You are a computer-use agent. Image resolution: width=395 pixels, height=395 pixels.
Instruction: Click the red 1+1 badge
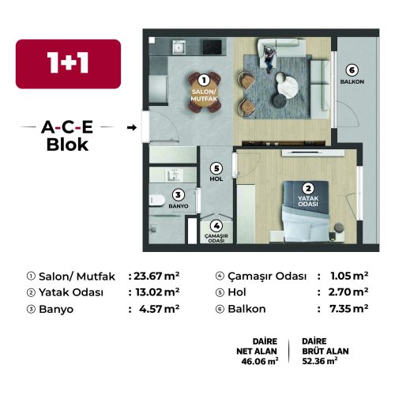coord(68,64)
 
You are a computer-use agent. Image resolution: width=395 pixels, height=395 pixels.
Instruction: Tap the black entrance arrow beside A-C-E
coord(132,128)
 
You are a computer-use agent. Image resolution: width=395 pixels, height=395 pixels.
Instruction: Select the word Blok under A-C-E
coord(67,145)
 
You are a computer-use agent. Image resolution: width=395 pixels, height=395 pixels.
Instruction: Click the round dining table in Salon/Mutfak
coord(205,92)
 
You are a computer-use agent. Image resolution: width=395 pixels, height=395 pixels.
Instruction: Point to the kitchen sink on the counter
coord(179,47)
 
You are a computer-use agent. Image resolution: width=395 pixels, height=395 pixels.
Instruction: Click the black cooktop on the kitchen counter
coord(212,47)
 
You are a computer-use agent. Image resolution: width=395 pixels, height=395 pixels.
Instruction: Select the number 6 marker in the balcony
coord(352,70)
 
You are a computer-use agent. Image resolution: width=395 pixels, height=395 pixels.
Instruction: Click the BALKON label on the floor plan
coord(352,81)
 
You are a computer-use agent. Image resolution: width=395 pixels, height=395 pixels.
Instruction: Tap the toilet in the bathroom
coord(156,200)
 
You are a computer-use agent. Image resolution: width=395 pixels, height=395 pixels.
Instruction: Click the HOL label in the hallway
coord(216,179)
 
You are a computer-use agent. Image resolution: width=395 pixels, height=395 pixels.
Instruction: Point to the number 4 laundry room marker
coord(216,226)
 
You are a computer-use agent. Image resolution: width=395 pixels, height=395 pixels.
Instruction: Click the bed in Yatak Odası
coord(306,211)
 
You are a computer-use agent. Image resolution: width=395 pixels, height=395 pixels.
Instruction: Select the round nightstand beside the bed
coord(339,228)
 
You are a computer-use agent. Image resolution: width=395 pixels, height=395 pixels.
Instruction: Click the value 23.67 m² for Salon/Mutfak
coord(156,276)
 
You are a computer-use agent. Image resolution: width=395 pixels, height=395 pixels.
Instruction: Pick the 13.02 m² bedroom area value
coord(157,292)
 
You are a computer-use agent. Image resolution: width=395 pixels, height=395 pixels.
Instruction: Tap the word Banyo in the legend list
coord(56,310)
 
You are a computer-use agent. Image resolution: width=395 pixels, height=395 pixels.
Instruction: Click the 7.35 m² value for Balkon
coord(348,309)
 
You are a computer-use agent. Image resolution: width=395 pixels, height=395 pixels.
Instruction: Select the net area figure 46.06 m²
coord(260,361)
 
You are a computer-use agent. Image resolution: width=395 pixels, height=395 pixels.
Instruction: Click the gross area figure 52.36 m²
coord(320,361)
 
